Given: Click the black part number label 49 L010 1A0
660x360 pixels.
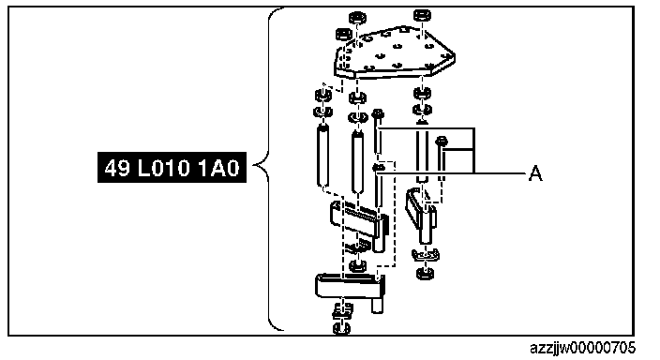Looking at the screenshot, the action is [x=172, y=167].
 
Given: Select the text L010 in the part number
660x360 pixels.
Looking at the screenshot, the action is [x=164, y=168].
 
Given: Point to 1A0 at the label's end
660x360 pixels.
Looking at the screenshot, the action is [x=218, y=168].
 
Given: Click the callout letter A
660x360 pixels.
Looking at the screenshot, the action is [x=535, y=173].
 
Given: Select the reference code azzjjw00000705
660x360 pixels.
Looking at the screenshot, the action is [x=582, y=348].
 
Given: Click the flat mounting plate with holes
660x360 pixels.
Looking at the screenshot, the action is [x=395, y=53].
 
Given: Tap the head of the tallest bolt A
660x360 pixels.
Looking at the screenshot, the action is [x=378, y=113].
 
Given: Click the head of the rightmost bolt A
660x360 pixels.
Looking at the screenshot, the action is [x=442, y=141].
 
